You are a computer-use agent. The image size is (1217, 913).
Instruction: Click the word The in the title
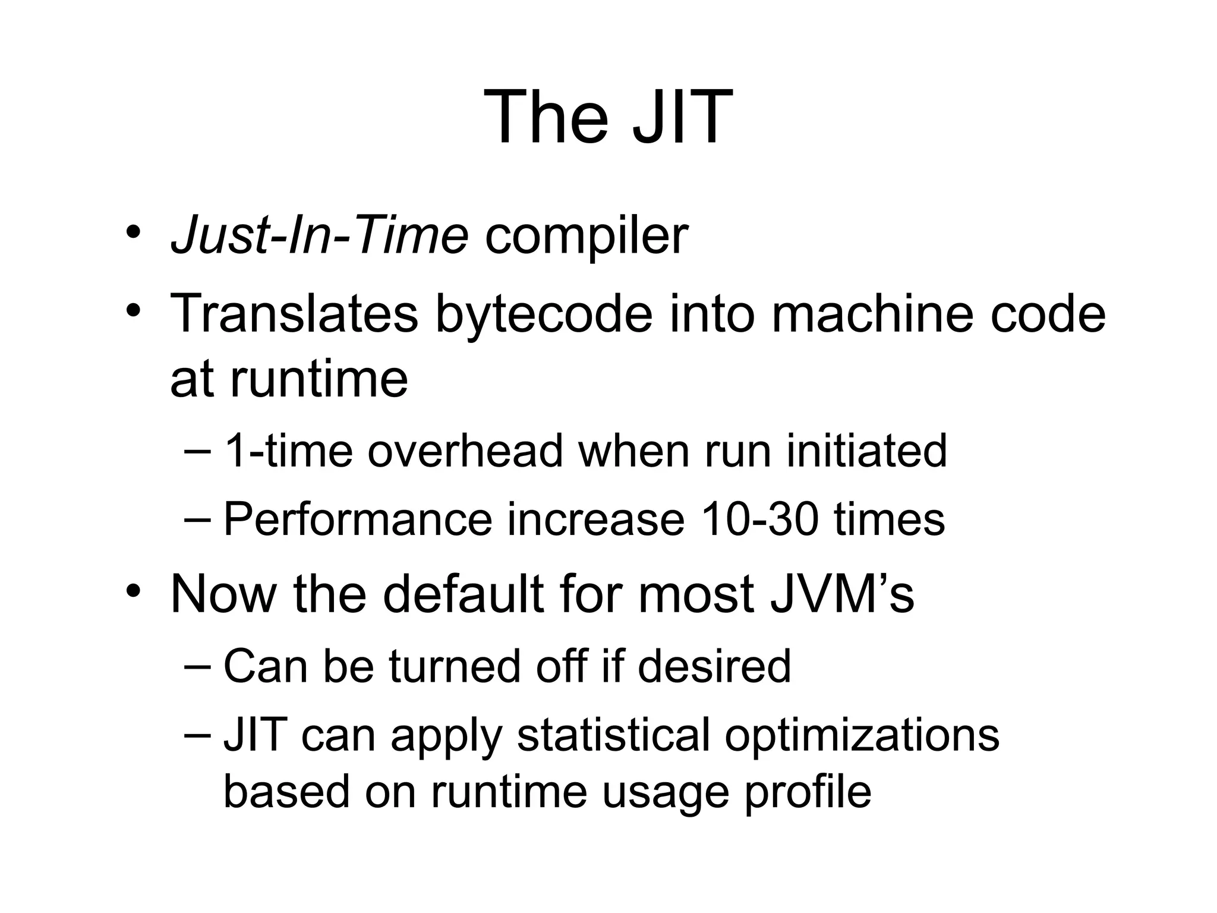click(x=546, y=117)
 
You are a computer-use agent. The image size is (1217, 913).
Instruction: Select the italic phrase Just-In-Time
click(x=319, y=236)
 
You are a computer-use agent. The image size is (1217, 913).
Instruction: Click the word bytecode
click(x=544, y=314)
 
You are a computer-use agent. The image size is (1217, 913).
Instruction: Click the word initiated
click(x=866, y=451)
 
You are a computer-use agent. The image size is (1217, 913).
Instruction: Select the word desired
click(x=714, y=666)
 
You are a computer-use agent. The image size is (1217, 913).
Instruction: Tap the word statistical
click(x=613, y=735)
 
